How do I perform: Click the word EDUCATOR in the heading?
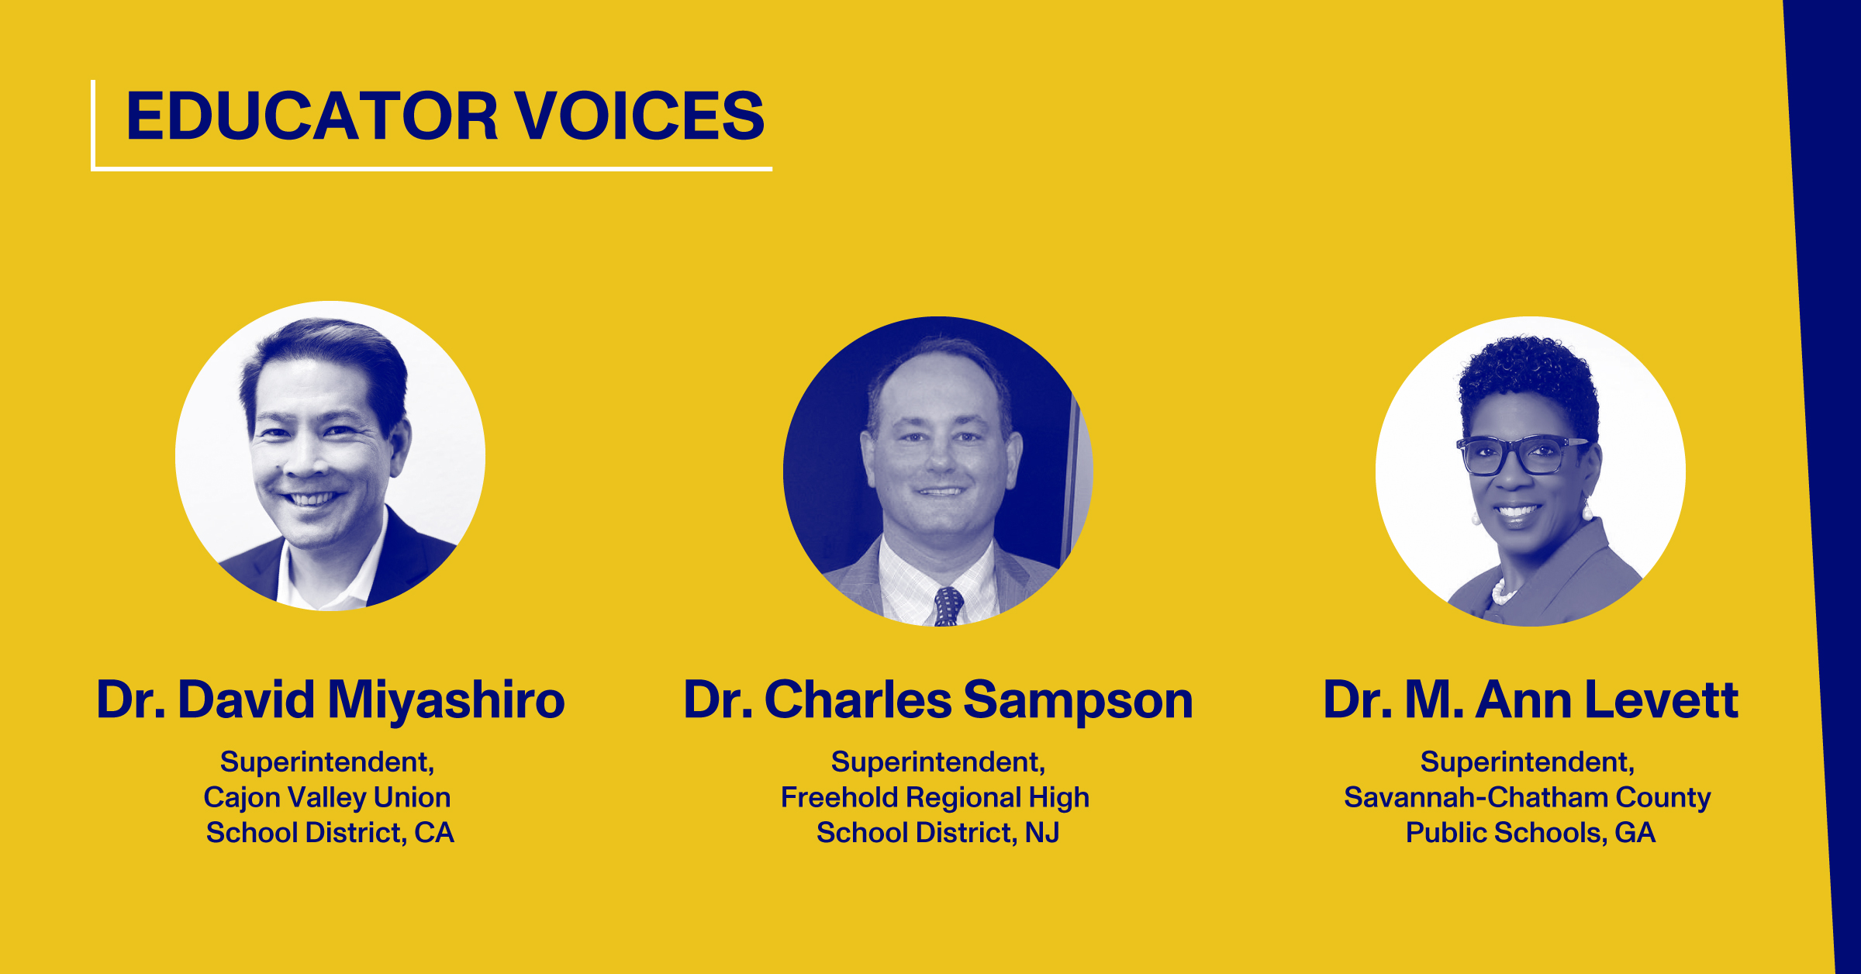[x=312, y=116]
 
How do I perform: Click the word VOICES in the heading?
[x=640, y=116]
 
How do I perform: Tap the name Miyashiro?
[x=447, y=701]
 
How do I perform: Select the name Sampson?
[x=1078, y=701]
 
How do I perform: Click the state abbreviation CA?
[x=434, y=832]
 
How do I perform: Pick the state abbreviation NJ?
[x=1042, y=832]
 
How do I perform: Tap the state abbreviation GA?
[x=1635, y=832]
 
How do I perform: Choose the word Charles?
[x=858, y=699]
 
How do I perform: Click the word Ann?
[x=1523, y=699]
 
